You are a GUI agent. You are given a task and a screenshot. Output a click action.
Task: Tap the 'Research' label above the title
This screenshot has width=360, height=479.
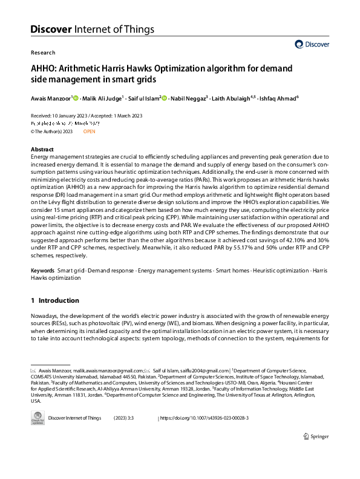42,53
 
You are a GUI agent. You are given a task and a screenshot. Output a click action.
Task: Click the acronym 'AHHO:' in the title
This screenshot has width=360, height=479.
44,67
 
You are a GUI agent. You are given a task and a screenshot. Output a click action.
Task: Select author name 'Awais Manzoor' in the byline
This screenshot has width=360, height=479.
50,97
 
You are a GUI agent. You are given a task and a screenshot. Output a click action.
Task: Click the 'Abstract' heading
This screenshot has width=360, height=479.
42,148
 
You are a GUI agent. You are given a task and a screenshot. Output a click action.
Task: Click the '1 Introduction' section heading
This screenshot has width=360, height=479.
54,300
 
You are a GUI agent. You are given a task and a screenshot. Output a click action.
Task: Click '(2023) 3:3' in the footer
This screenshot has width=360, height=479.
126,418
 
